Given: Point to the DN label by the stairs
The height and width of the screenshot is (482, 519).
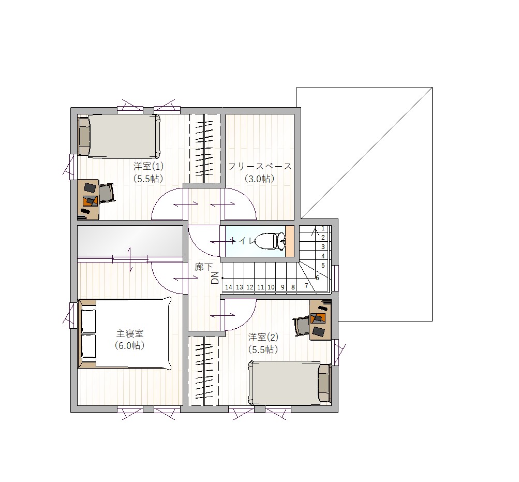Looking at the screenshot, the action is pos(215,277).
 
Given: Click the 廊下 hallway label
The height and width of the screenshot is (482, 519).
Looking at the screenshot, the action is pos(203,267).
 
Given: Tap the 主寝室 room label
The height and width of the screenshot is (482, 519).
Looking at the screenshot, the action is pos(130,333).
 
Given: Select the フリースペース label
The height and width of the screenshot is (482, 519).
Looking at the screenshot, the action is pos(260,166).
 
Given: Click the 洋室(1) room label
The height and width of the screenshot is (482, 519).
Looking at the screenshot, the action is pos(149,166).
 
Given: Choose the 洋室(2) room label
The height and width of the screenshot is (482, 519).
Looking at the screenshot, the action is pos(263,337).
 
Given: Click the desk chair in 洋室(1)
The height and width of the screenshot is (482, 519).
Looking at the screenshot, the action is pos(106,193).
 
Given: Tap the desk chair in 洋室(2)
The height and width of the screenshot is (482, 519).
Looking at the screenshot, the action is pos(301,326).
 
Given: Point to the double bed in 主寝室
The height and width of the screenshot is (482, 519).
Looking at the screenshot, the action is pos(125,333).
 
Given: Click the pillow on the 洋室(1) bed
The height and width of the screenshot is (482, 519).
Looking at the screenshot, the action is pos(84,137).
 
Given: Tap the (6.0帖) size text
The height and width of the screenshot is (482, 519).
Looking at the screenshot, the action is pos(130,345).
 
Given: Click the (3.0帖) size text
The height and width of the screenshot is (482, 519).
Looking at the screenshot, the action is pos(260,179).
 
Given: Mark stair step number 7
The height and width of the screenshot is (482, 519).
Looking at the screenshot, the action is pos(306,285).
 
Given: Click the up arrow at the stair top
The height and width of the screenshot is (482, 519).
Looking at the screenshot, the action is pos(315,232).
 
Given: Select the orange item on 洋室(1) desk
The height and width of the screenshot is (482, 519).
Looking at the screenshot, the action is pos(90,201).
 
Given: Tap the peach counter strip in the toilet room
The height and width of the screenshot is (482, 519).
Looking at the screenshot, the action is pos(290,241).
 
